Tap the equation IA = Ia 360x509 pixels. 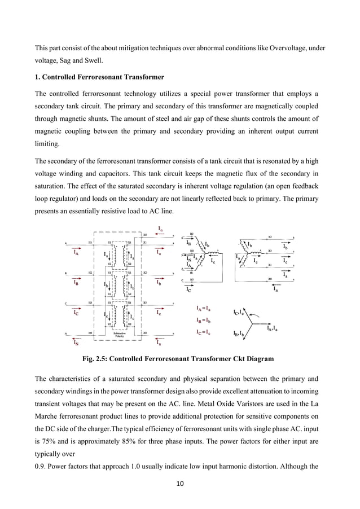click(x=204, y=309)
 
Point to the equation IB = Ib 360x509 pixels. click(x=204, y=321)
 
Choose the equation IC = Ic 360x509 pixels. click(x=204, y=332)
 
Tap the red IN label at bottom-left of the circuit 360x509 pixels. click(x=76, y=341)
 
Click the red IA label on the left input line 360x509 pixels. click(x=76, y=253)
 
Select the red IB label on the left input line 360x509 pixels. click(x=76, y=283)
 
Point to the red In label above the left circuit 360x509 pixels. click(x=161, y=230)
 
